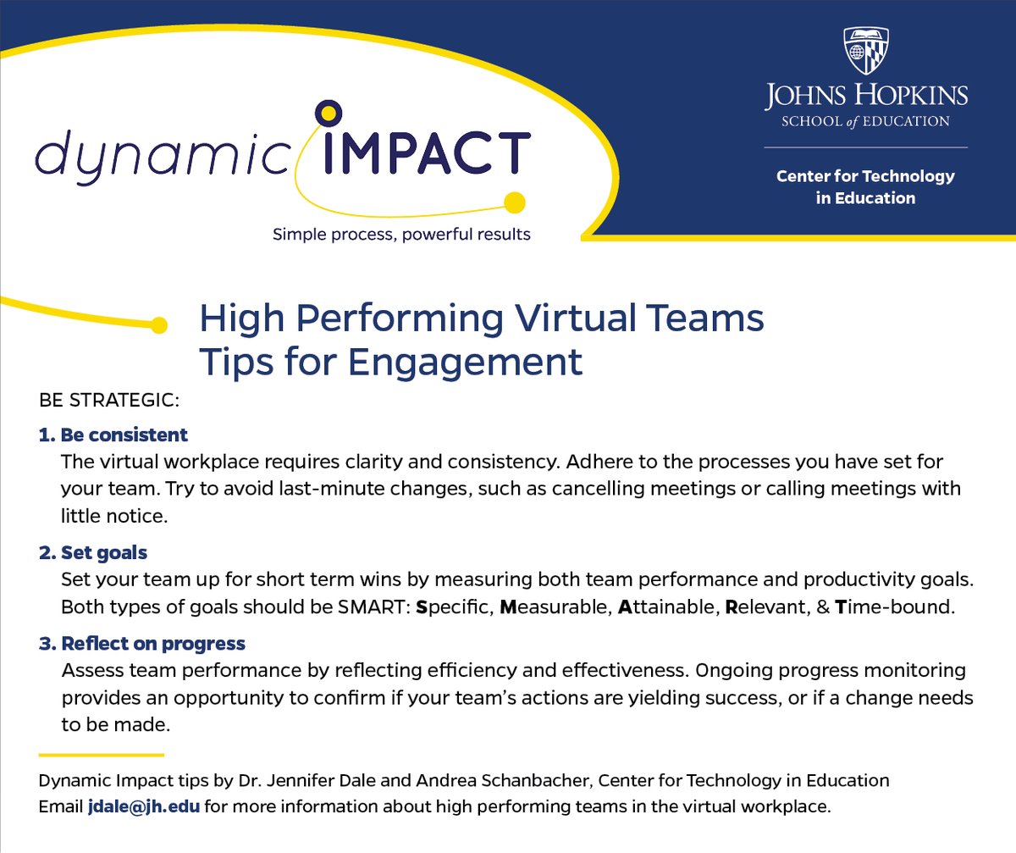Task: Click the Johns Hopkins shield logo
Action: coord(866,50)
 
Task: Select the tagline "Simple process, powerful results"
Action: coord(401,234)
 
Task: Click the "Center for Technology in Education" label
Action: coord(865,187)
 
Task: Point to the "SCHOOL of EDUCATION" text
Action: coord(865,121)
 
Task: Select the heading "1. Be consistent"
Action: coord(113,435)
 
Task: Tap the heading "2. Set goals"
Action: coord(93,553)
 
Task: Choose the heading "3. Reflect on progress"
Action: coord(142,644)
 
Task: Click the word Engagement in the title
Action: coord(465,362)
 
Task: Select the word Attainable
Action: coord(668,608)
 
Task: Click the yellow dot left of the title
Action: coord(157,324)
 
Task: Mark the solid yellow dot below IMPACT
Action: coord(514,202)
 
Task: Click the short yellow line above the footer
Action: coord(101,754)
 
